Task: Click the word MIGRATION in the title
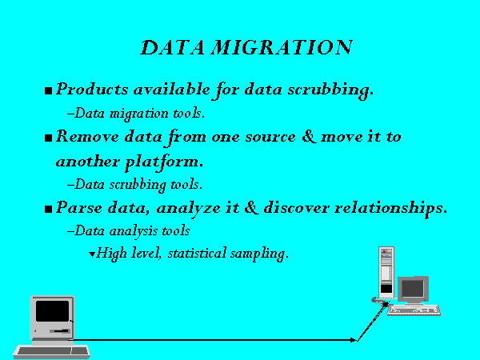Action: [282, 48]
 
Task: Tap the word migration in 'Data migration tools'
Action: [139, 114]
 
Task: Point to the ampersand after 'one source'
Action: [309, 136]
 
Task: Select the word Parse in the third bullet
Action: [79, 207]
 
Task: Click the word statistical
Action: [197, 253]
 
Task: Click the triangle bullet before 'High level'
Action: [91, 254]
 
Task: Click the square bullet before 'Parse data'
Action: [48, 209]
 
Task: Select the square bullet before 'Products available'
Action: [48, 90]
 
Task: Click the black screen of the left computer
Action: [52, 311]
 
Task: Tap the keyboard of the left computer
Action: [51, 351]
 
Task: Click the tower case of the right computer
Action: [386, 273]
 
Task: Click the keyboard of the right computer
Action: [414, 310]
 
